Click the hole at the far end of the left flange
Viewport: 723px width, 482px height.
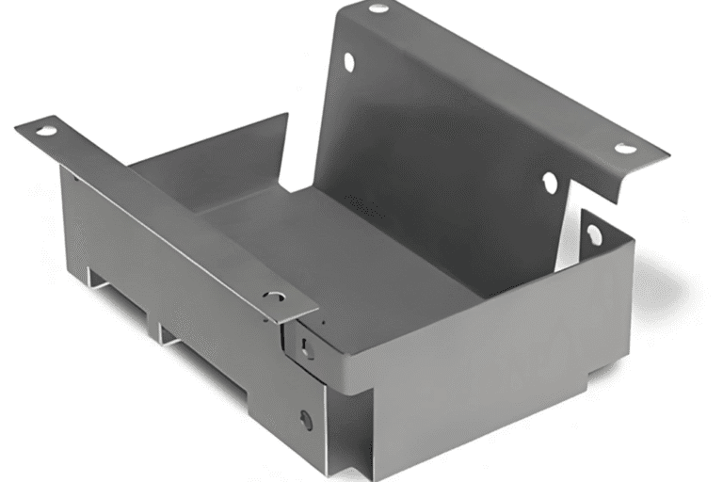point(45,130)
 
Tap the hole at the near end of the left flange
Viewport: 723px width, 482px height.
point(274,296)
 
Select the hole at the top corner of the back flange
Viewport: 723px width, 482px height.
point(378,8)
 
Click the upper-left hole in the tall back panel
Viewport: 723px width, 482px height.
point(349,62)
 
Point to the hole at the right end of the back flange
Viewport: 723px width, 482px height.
point(624,148)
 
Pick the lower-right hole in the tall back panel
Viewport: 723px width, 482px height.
point(550,183)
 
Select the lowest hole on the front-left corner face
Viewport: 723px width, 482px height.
point(306,420)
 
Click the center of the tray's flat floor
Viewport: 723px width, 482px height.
point(320,245)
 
